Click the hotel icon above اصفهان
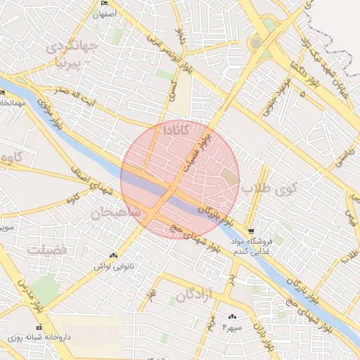coord(105,4)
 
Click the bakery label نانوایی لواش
coord(112,267)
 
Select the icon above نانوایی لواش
coord(113,256)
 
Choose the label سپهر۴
coord(231,328)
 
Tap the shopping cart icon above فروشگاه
coord(251,231)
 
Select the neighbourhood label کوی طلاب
coord(267,189)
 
